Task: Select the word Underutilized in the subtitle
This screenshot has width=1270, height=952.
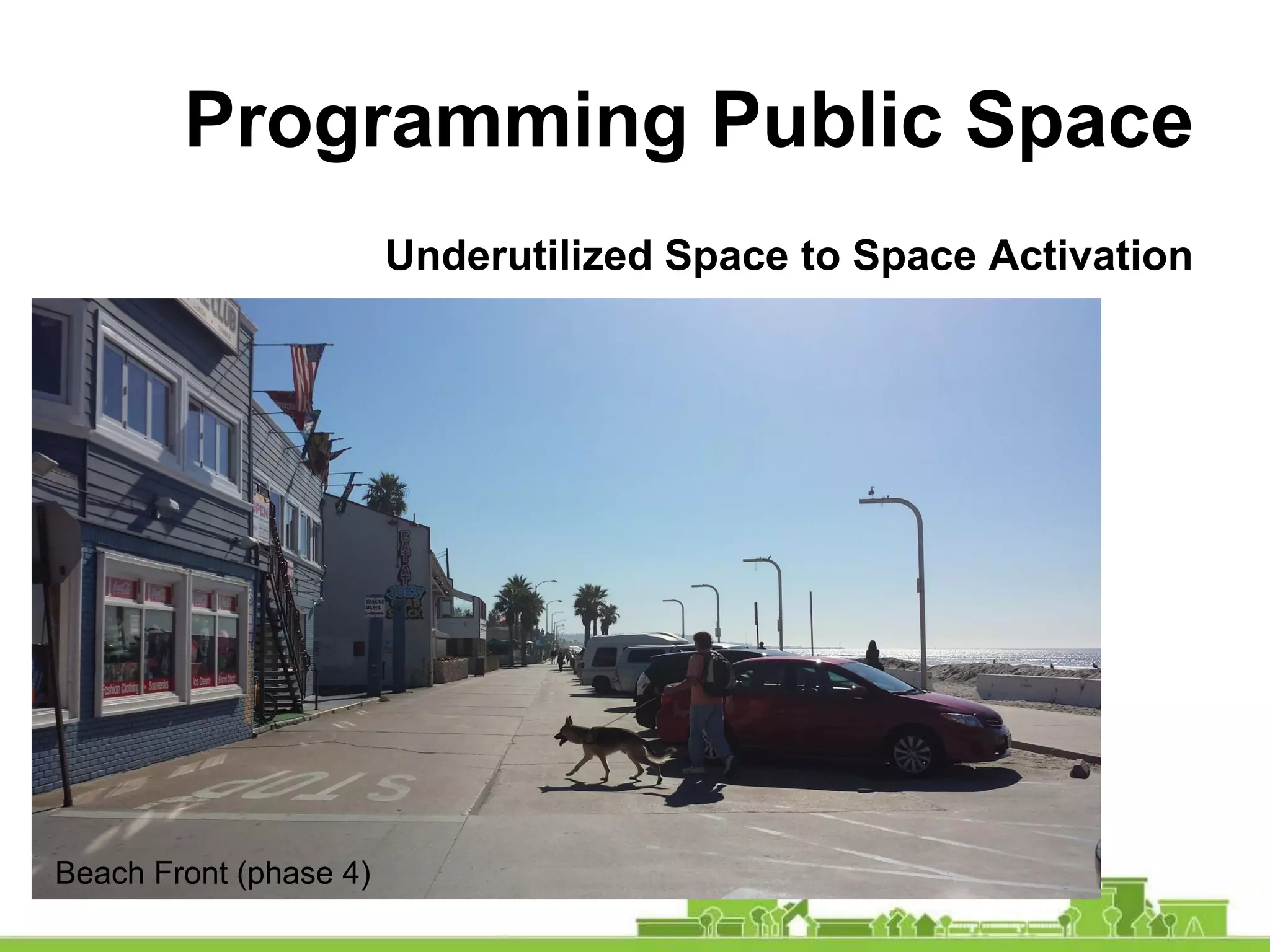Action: (x=518, y=255)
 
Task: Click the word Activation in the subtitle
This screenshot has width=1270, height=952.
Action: (x=1090, y=255)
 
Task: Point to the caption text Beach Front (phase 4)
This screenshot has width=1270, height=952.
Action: (x=213, y=873)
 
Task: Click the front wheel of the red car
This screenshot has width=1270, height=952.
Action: (x=912, y=754)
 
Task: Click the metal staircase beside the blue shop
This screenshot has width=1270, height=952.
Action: (x=283, y=626)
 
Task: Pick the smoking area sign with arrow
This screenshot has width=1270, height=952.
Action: (x=375, y=606)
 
